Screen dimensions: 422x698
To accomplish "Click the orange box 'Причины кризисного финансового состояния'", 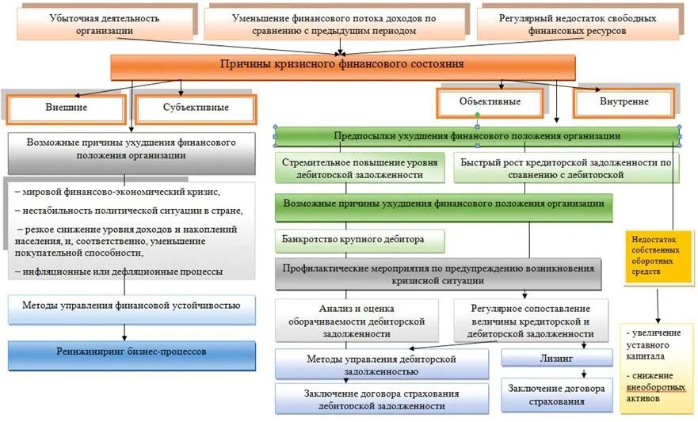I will tap(342, 66).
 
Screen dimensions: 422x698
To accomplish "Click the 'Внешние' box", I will tap(67, 107).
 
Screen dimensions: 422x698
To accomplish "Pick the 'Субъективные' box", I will tap(196, 107).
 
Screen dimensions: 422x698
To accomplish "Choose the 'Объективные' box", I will tap(490, 102).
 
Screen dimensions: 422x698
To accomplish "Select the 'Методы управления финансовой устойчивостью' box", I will tap(132, 306).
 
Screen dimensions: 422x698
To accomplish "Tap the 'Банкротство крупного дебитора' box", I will tap(359, 238).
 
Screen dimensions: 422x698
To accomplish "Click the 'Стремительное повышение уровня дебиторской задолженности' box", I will tap(359, 168).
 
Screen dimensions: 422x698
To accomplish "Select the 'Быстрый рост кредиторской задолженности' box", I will tap(566, 168).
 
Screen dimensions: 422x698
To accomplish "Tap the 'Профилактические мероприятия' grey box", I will tap(437, 274).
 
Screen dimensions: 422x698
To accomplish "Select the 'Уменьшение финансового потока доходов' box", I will tap(335, 24).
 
